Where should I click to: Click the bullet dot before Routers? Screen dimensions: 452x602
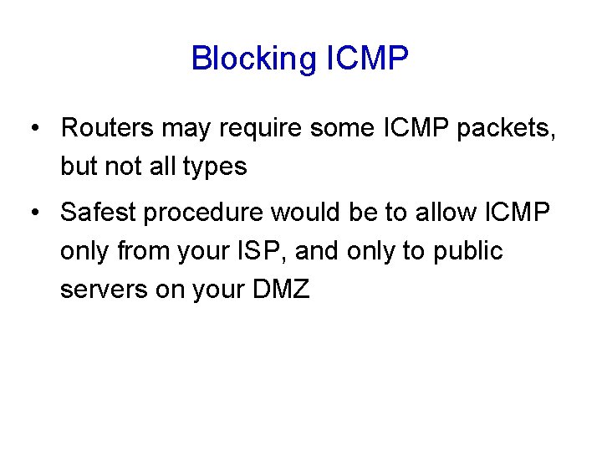pos(33,129)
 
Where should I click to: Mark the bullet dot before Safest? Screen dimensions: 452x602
pos(33,213)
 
